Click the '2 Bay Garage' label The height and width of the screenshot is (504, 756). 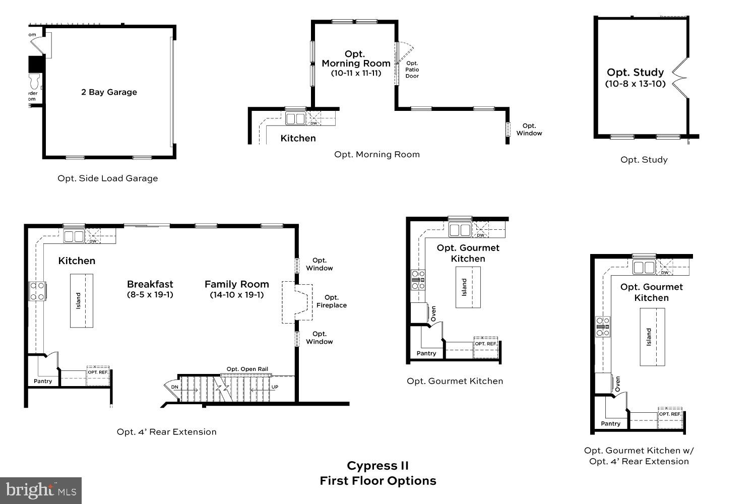coord(109,92)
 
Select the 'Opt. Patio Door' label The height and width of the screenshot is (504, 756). coord(412,70)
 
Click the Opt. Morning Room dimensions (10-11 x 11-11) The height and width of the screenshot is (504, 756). coord(356,73)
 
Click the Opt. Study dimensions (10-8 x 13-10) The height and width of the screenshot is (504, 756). coord(635,84)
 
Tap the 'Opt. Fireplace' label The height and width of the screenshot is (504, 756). coord(331,301)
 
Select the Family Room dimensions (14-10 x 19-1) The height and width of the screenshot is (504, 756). coord(236,295)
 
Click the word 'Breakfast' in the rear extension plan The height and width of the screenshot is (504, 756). coord(150,284)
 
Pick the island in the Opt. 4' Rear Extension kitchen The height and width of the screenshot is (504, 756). coord(81,301)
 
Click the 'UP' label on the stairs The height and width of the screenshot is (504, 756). coord(275,387)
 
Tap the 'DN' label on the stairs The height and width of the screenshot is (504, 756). coord(174,387)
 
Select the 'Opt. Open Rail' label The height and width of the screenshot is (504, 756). coord(247,369)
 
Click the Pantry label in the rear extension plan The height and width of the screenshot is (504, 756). coord(43,381)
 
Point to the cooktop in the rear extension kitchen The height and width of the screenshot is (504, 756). coord(37,291)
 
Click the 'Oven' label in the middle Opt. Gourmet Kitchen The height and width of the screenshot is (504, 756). coord(433,314)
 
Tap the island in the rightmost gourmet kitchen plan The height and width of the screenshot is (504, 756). coord(652,337)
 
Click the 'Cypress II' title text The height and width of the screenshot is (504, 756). coord(377,466)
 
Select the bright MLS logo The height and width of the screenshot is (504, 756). coord(41,490)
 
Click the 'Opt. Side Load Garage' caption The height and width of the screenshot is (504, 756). coord(107,178)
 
